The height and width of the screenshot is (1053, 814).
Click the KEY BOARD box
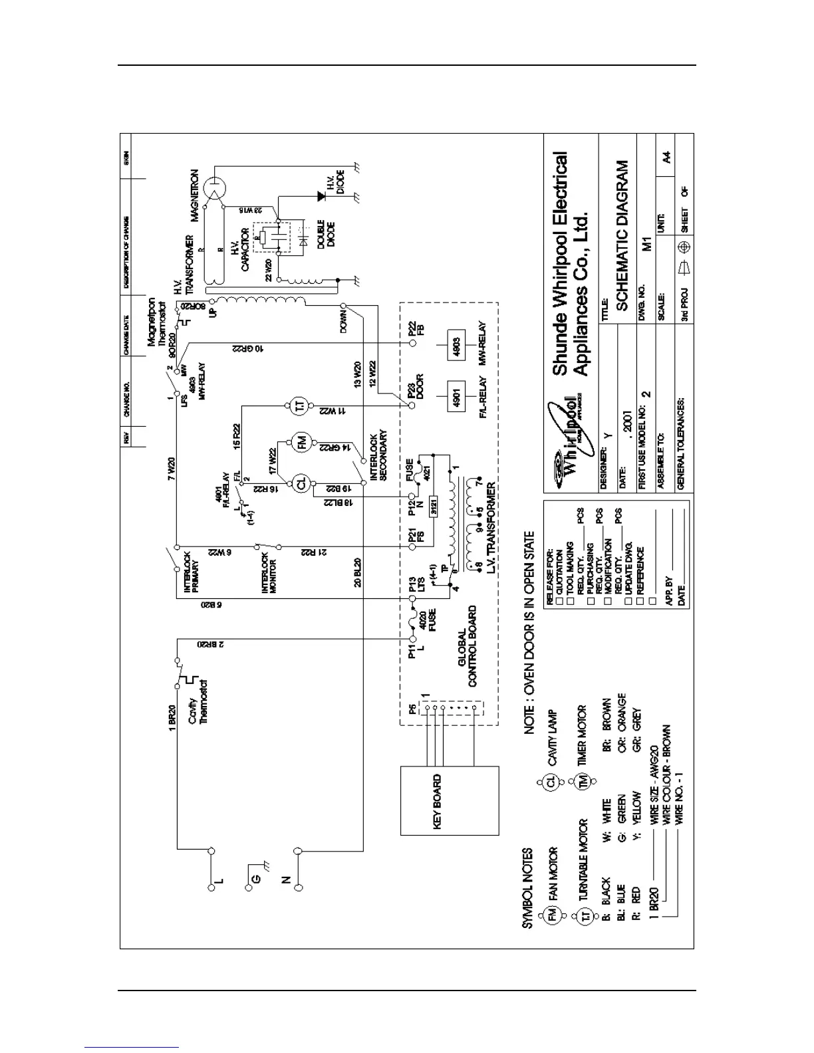click(450, 800)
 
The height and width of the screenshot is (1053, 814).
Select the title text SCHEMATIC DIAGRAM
click(622, 235)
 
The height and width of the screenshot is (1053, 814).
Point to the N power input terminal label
click(287, 879)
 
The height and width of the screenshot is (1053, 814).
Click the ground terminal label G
click(255, 879)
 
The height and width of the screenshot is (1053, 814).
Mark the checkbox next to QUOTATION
click(559, 601)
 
